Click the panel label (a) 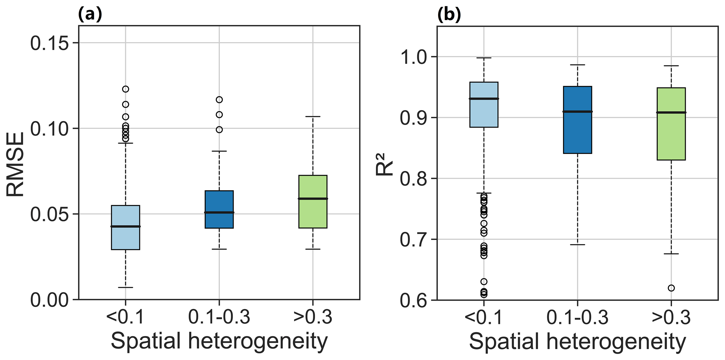(x=90, y=15)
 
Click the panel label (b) (x=449, y=15)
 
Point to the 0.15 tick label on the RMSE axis (x=50, y=44)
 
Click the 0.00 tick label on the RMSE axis (x=50, y=300)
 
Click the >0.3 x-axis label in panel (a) (x=313, y=318)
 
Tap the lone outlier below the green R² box (x=671, y=288)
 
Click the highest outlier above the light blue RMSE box (x=126, y=89)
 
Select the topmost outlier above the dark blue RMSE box (x=219, y=100)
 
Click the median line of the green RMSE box (x=313, y=199)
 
